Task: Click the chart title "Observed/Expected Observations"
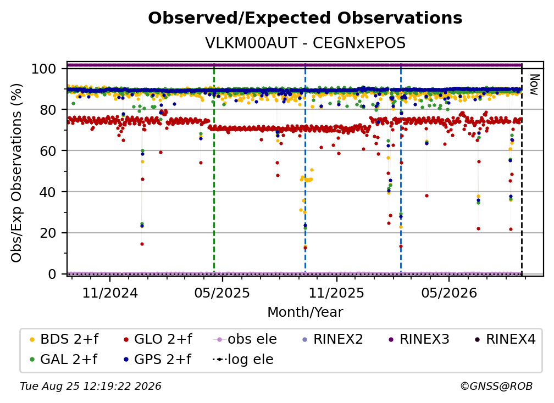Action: click(x=305, y=18)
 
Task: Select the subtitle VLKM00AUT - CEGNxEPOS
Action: click(x=305, y=43)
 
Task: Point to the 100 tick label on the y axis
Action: click(x=43, y=69)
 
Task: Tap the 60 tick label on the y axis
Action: click(x=48, y=151)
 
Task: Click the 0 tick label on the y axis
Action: click(x=52, y=274)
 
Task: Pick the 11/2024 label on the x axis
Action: click(x=110, y=293)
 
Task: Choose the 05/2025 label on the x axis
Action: click(x=222, y=293)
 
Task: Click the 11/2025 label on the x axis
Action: click(x=336, y=293)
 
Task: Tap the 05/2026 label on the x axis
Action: click(x=448, y=293)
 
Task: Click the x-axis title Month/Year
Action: click(x=305, y=312)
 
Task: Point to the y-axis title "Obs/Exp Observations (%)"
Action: click(x=16, y=173)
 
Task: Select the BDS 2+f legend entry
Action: click(x=64, y=339)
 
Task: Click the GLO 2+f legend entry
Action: click(x=158, y=339)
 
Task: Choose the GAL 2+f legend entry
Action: click(x=63, y=360)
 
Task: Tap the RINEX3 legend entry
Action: click(x=419, y=339)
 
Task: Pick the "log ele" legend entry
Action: click(x=243, y=360)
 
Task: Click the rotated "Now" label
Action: click(x=534, y=85)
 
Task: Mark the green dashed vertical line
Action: click(x=214, y=169)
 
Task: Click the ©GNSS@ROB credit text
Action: click(x=496, y=387)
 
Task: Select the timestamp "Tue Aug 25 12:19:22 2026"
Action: click(x=91, y=387)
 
